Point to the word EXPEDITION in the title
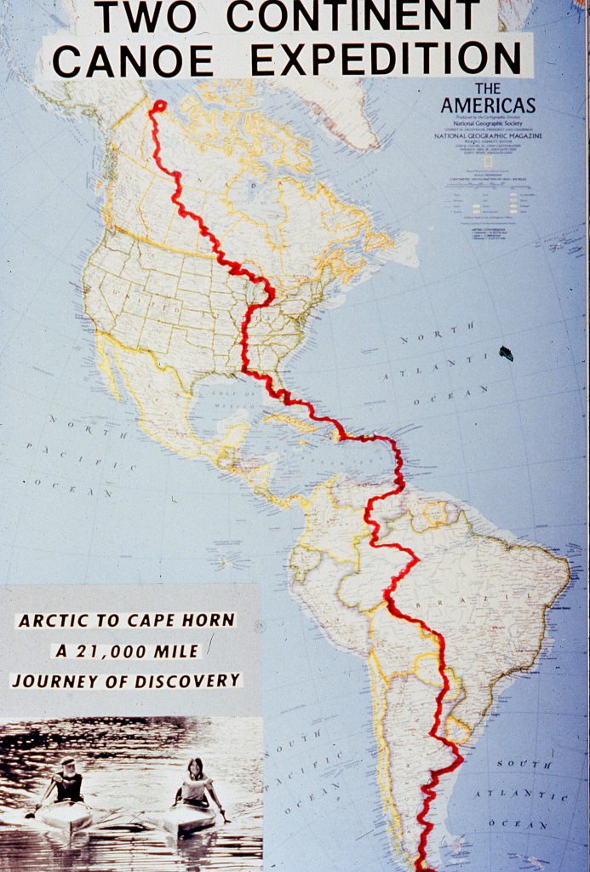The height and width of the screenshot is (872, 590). pos(386,59)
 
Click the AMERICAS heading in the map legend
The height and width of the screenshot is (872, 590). pos(488,105)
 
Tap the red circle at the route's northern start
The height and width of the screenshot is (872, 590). pos(158,106)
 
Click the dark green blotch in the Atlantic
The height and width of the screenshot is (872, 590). pos(507,353)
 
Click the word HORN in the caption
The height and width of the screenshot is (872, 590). pos(209,620)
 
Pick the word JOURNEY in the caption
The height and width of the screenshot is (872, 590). pos(50,681)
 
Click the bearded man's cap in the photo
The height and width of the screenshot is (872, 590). pos(68,762)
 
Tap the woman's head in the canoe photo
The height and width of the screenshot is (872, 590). pos(196,766)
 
